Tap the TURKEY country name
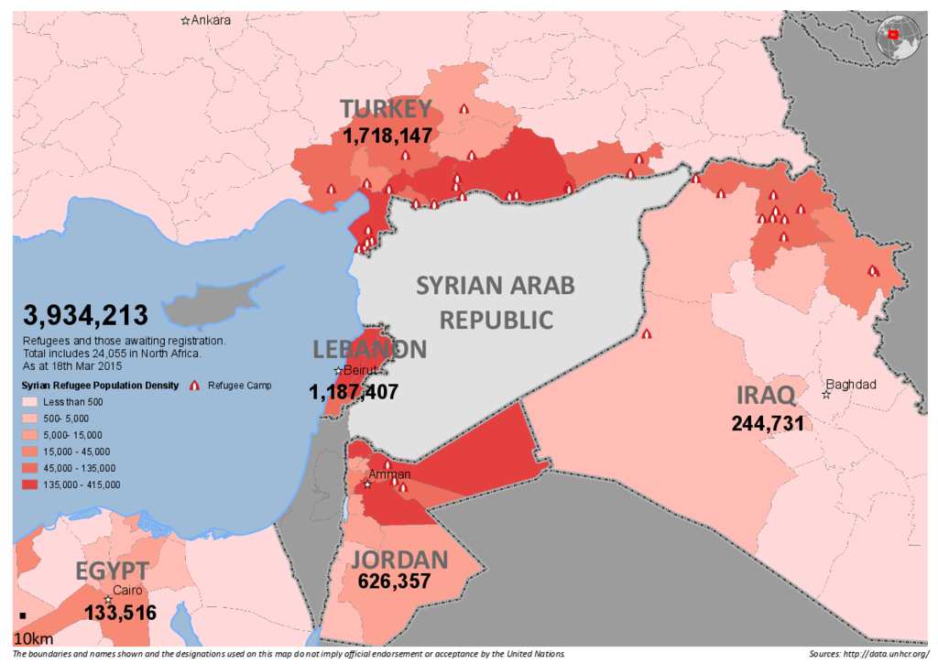click(x=386, y=109)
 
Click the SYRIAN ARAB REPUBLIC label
click(x=496, y=301)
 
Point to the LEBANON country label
click(x=368, y=349)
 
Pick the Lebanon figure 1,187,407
click(x=354, y=393)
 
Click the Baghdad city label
click(x=852, y=385)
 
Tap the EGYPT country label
click(x=112, y=572)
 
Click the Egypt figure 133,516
click(x=120, y=613)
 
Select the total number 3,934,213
click(x=86, y=316)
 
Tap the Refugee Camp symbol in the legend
click(x=194, y=386)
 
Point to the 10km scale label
click(x=32, y=637)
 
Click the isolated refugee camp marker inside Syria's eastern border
click(x=647, y=334)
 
